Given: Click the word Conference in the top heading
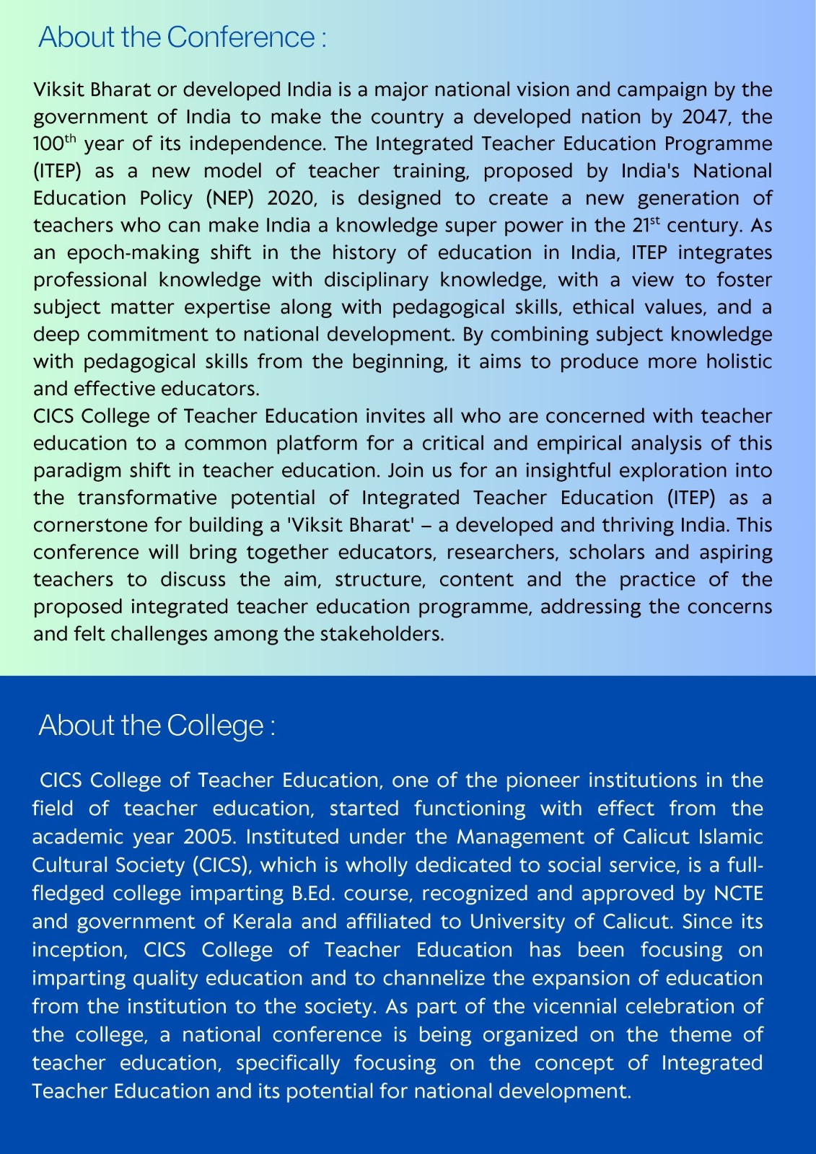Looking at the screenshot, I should click(241, 38).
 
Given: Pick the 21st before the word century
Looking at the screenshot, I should click(646, 225).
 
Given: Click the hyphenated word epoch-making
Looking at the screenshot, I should click(133, 253).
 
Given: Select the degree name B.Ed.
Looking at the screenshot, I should click(314, 894).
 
